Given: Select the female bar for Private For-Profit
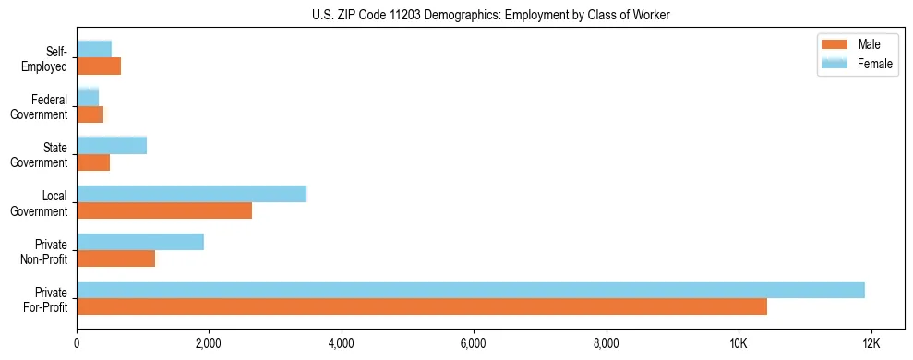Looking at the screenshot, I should click(471, 290).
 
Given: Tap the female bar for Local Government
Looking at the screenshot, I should click(191, 194).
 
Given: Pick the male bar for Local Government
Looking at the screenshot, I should click(164, 210).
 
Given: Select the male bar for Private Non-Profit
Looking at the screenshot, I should click(116, 258).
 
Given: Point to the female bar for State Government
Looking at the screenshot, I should click(112, 145).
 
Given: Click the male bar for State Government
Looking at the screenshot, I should click(93, 162).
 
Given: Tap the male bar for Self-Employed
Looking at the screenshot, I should click(99, 66).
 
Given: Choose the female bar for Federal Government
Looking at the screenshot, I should click(88, 97).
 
